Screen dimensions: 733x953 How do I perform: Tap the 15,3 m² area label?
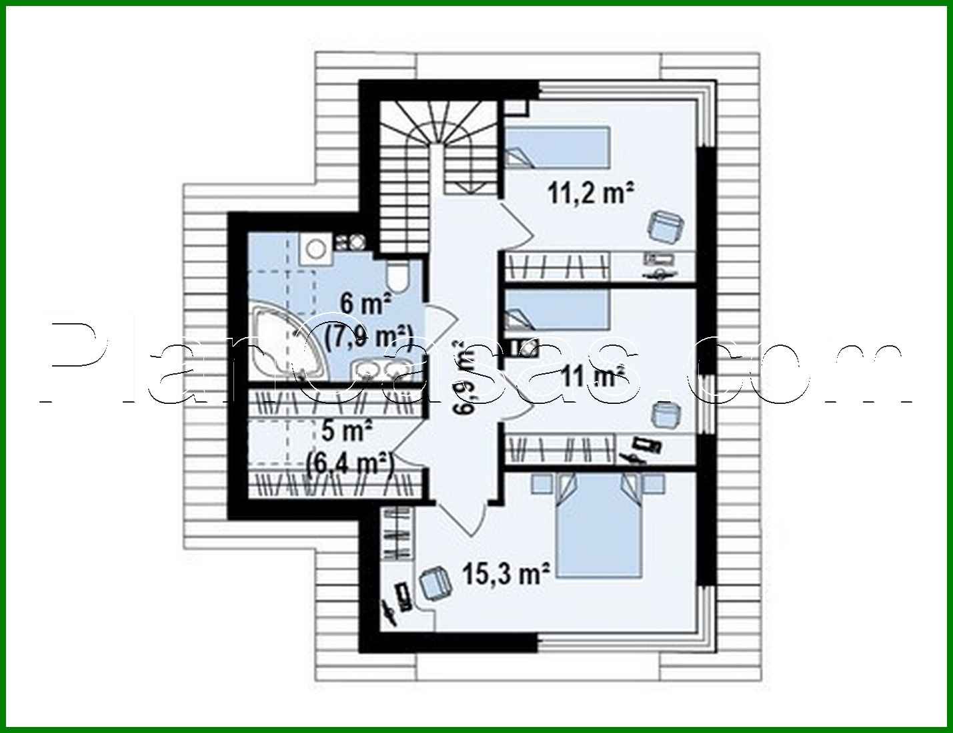tap(506, 573)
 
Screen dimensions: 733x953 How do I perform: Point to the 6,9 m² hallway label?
tap(464, 377)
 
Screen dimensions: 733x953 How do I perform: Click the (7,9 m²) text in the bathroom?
tap(369, 335)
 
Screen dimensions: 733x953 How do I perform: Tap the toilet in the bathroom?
tap(400, 274)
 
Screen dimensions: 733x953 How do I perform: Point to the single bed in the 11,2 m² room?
tap(557, 147)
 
